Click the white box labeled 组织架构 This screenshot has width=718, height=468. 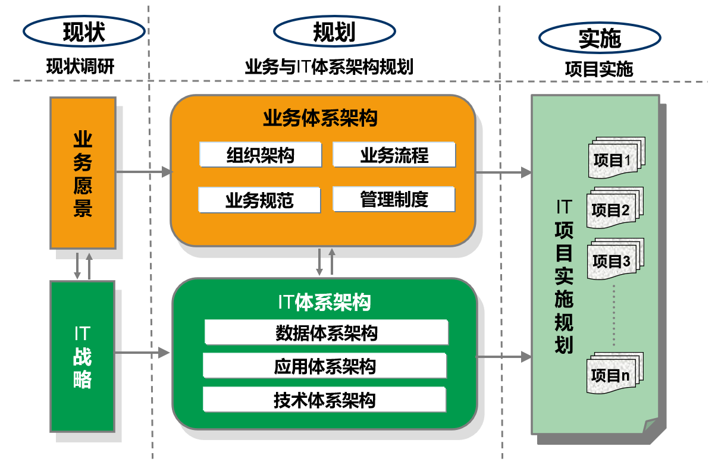coord(261,155)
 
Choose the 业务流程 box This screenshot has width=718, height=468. coord(394,155)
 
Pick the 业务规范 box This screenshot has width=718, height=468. coord(259,200)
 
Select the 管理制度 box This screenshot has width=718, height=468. coord(394,199)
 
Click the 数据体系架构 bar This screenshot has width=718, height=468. coord(327,332)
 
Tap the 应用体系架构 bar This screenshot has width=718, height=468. coord(325,366)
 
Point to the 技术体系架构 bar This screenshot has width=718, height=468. coord(324,400)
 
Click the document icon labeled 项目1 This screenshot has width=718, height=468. coord(616,158)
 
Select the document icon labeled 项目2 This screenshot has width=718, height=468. coord(614,208)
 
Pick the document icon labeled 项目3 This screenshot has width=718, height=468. coord(616,259)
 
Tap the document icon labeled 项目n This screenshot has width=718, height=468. coord(614,373)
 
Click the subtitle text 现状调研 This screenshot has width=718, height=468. coord(80,67)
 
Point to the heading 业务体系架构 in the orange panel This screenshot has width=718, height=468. coord(320,118)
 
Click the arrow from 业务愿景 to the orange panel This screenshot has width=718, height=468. coord(144,172)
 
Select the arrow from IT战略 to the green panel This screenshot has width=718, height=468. coord(142,353)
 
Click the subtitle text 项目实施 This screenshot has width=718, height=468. coord(599,69)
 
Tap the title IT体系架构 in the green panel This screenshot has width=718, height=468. coord(324,302)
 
